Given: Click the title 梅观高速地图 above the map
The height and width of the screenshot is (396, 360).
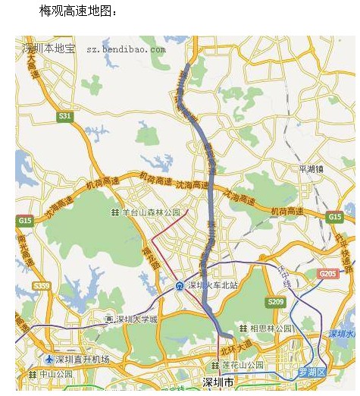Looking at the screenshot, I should click(78, 11).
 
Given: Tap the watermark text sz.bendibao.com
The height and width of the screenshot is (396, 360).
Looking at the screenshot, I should click(125, 49).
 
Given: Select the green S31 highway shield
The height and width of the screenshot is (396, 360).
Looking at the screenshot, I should click(65, 116).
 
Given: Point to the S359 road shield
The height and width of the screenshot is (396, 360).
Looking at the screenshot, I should click(42, 286).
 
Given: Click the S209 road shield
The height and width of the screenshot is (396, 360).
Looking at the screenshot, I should click(275, 302).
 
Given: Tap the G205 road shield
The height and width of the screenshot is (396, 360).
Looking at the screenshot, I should click(327, 274).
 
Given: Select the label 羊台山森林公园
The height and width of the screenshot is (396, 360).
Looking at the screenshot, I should click(151, 212).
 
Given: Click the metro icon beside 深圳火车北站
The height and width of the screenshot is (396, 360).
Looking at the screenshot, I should click(179, 286).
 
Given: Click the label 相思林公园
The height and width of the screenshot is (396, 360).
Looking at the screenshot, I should click(271, 328).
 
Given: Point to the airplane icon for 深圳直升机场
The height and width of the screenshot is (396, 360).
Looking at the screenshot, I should click(50, 359).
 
